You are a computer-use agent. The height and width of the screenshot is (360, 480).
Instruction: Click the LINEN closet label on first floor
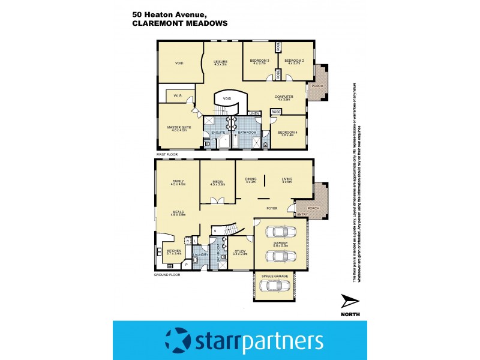254,113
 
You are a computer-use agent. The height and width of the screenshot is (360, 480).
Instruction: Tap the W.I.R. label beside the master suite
178,95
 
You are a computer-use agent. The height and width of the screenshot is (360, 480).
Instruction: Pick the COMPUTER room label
283,97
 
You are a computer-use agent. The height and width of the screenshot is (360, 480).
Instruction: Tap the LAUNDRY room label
200,254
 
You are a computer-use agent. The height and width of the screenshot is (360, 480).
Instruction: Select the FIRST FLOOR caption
169,155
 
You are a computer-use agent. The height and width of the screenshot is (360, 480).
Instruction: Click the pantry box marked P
187,263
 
